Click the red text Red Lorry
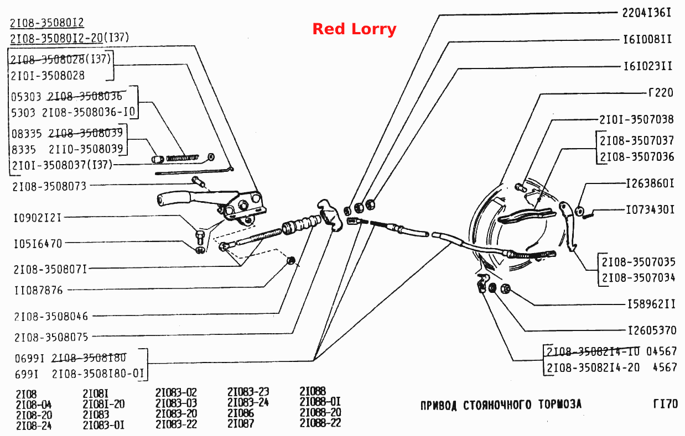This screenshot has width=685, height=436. click(x=354, y=29)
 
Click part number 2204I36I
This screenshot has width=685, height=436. click(x=646, y=13)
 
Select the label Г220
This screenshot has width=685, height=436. click(x=661, y=92)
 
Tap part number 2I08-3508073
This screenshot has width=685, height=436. click(x=49, y=186)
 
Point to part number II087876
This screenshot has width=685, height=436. click(x=39, y=290)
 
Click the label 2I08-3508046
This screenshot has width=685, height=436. click(x=51, y=317)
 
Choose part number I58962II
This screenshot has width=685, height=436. click(x=651, y=304)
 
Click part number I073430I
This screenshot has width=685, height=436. click(x=650, y=210)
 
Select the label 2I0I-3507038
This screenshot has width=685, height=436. click(x=636, y=119)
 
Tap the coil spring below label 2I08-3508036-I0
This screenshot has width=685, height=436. click(x=182, y=158)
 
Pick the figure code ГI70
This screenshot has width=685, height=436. click(x=666, y=404)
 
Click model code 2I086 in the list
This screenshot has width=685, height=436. click(x=240, y=413)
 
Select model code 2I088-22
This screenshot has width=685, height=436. click(x=320, y=423)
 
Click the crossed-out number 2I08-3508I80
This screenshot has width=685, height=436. click(x=89, y=358)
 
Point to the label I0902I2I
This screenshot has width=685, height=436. click(x=37, y=218)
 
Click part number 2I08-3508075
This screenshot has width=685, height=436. click(x=51, y=338)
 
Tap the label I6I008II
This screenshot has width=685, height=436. click(x=647, y=39)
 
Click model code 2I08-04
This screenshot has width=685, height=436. click(x=34, y=405)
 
